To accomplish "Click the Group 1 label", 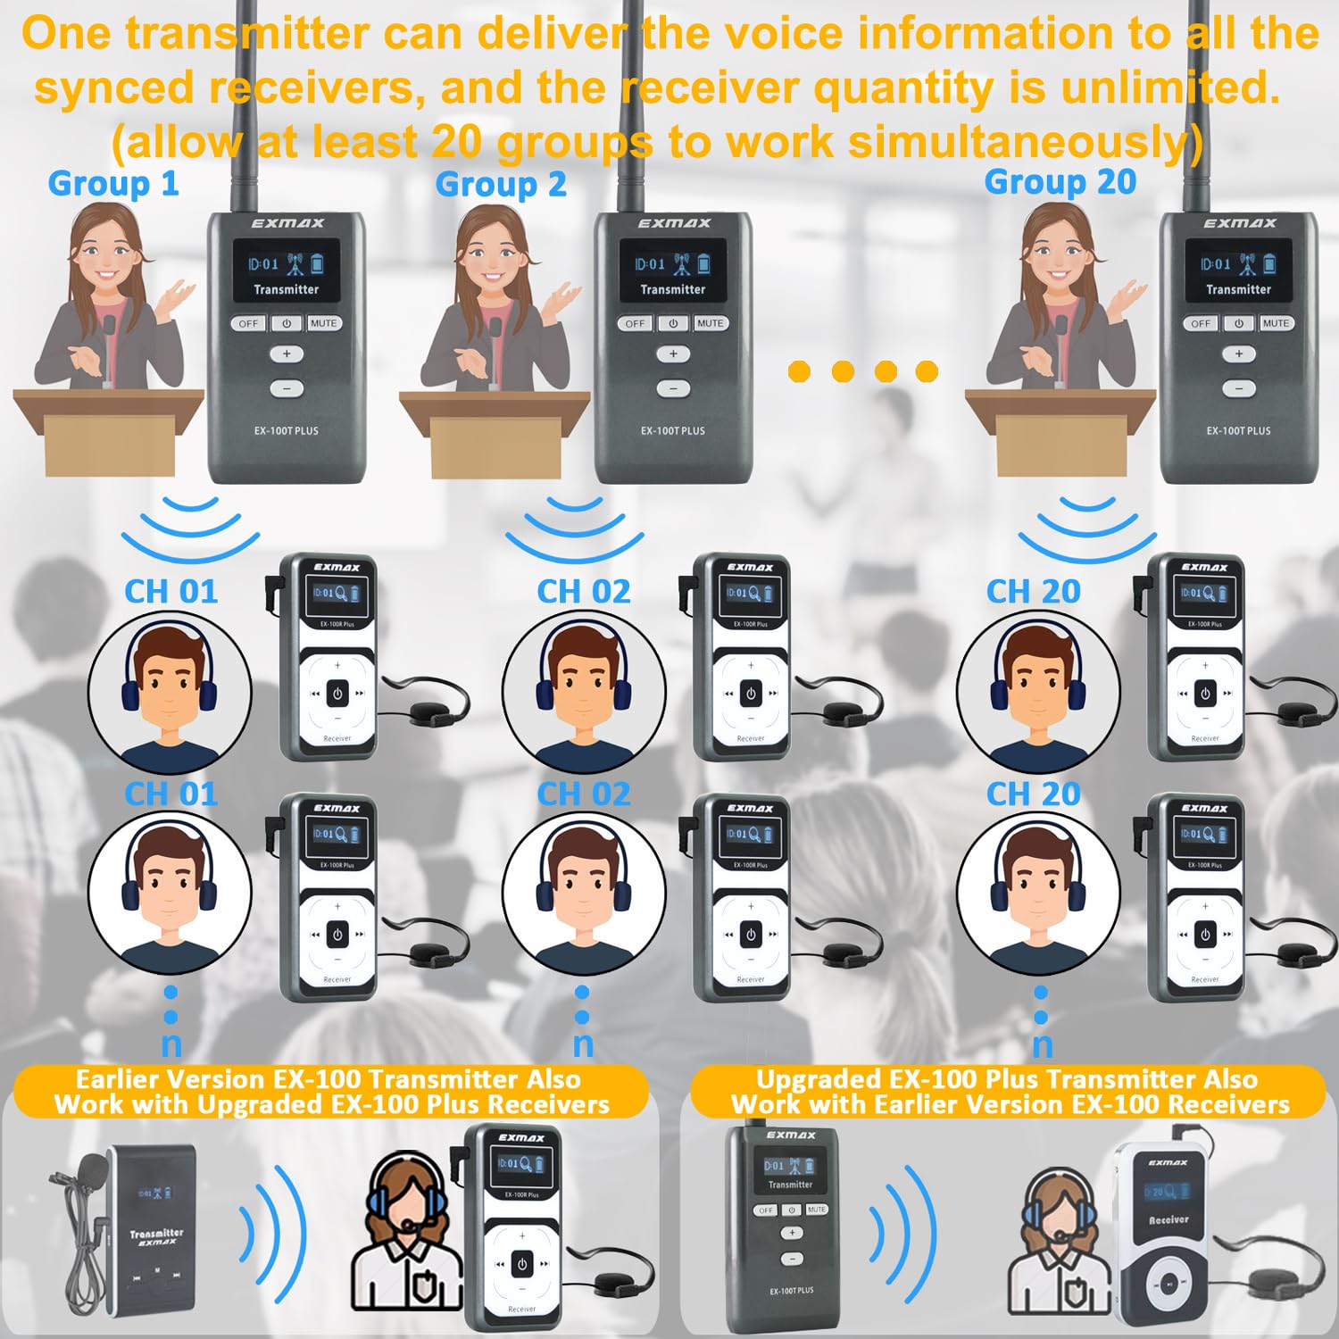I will coord(113,184).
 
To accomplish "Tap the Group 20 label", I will coord(1060,182).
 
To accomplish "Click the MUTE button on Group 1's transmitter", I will coord(323,323).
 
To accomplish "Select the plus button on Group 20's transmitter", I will coord(1238,354).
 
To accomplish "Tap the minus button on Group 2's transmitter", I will coord(673,388).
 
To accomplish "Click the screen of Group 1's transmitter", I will coord(286,270).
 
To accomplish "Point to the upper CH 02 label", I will coord(583,592).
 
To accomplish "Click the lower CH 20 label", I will coord(1033,794).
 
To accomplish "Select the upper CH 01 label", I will coord(170,592).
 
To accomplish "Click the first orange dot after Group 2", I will coord(799,371).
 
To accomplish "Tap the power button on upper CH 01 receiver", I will coord(337,694).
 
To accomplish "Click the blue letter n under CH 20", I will coord(1042,1044).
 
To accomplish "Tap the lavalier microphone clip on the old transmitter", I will coord(94,1166).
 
